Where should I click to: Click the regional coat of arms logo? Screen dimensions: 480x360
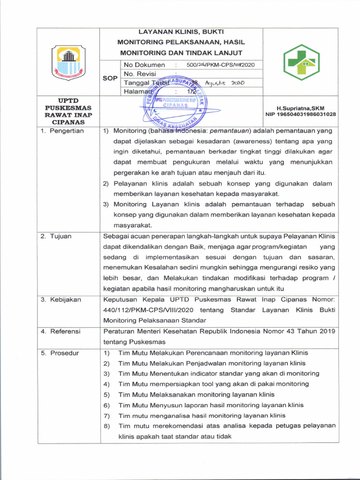pos(68,62)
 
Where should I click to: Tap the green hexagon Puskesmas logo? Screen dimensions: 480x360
pos(301,62)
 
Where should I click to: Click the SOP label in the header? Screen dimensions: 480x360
pos(110,78)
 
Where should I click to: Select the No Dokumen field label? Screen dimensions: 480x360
pos(144,65)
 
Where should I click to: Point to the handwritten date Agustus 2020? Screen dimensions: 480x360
pos(226,83)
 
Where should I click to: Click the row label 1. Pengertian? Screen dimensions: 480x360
pos(62,131)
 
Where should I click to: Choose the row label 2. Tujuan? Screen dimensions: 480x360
pos(56,236)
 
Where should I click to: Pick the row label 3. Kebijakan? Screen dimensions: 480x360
pos(60,300)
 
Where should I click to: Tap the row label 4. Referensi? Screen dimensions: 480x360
pos(60,331)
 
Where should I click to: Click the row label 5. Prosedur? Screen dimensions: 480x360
pos(60,353)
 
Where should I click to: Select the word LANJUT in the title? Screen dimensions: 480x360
pos(227,53)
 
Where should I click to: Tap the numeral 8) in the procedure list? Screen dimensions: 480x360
pos(106,426)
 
